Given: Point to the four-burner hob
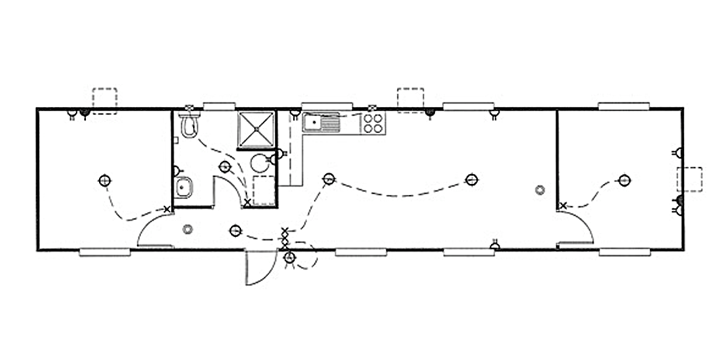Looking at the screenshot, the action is click(x=374, y=123).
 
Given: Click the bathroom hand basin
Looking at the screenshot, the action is click(x=184, y=186).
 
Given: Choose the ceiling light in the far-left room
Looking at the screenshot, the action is click(x=103, y=180).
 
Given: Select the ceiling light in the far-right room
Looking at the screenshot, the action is click(x=625, y=180).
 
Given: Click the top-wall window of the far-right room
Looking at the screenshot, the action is click(x=626, y=105).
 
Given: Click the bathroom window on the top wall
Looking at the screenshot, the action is click(x=217, y=105).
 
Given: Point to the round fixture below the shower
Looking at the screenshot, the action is click(x=260, y=163).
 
